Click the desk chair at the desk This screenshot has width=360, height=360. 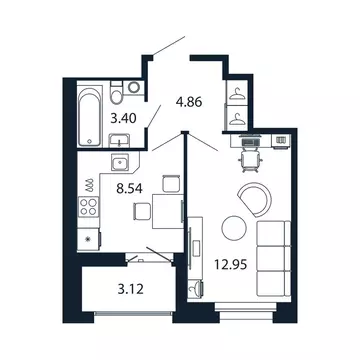(250, 158)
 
